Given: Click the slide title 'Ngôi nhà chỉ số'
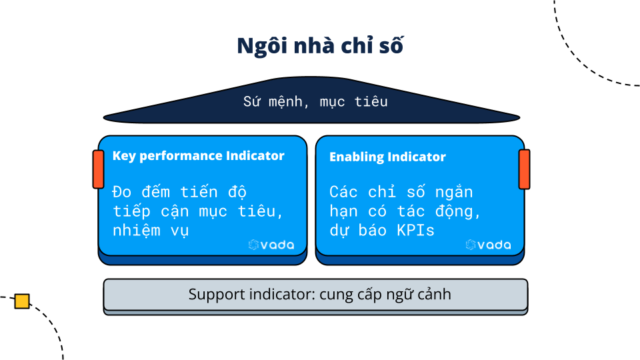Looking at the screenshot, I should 320,46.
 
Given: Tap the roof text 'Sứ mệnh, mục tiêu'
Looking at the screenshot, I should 315,102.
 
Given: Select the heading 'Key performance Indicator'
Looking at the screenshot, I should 198,156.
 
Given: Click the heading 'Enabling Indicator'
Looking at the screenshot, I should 387,157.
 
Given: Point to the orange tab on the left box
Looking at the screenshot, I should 98,169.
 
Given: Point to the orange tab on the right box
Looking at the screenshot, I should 524,169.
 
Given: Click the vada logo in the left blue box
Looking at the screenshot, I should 271,245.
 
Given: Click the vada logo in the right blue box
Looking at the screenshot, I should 488,245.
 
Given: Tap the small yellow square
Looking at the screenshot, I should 22,301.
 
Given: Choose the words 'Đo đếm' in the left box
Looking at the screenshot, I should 137,192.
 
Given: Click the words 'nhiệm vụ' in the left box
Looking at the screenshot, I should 151,231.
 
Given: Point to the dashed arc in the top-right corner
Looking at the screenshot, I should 587,63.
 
